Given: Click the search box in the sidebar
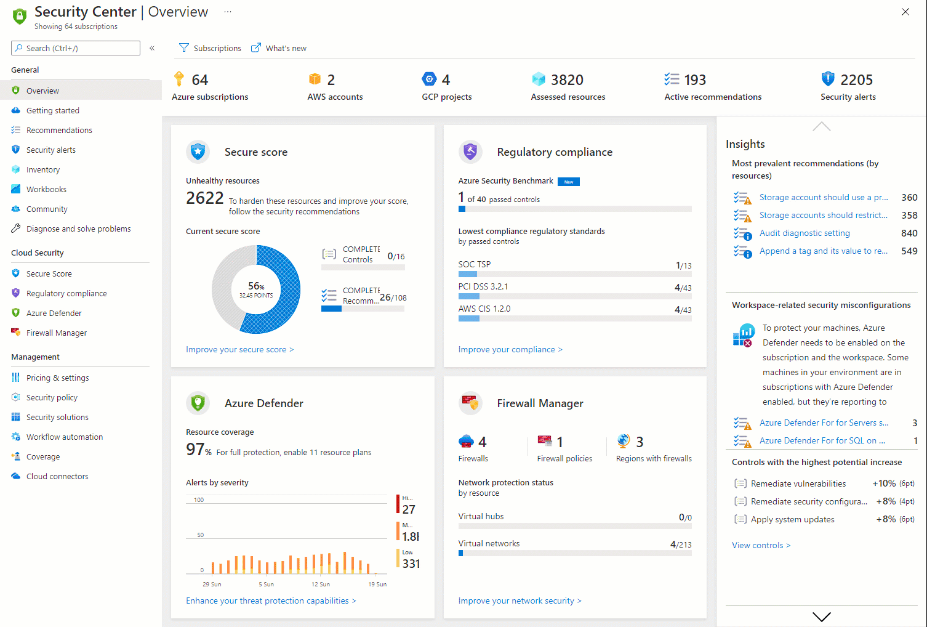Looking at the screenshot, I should coord(76,48).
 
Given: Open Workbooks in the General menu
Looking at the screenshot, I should coord(46,189).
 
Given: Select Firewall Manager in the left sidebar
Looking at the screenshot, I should coord(56,333).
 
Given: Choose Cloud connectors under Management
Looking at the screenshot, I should coord(57,476).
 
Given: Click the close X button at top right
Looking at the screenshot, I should coord(905,12).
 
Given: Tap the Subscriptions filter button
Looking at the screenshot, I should coord(210,48).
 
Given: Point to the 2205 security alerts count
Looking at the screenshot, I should coord(856,80).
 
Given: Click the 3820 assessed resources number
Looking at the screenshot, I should coord(567,80).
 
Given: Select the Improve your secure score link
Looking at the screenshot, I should coord(239,349).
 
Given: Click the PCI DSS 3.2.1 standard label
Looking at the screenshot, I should coord(483,286).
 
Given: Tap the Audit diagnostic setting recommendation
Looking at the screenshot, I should coord(805,233).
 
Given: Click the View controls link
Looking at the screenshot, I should coord(761,545).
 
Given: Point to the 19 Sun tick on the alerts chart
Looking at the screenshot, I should coord(377,584).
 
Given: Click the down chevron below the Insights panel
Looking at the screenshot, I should coord(822,616).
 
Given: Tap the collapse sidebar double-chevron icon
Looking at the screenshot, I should coord(152,48).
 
